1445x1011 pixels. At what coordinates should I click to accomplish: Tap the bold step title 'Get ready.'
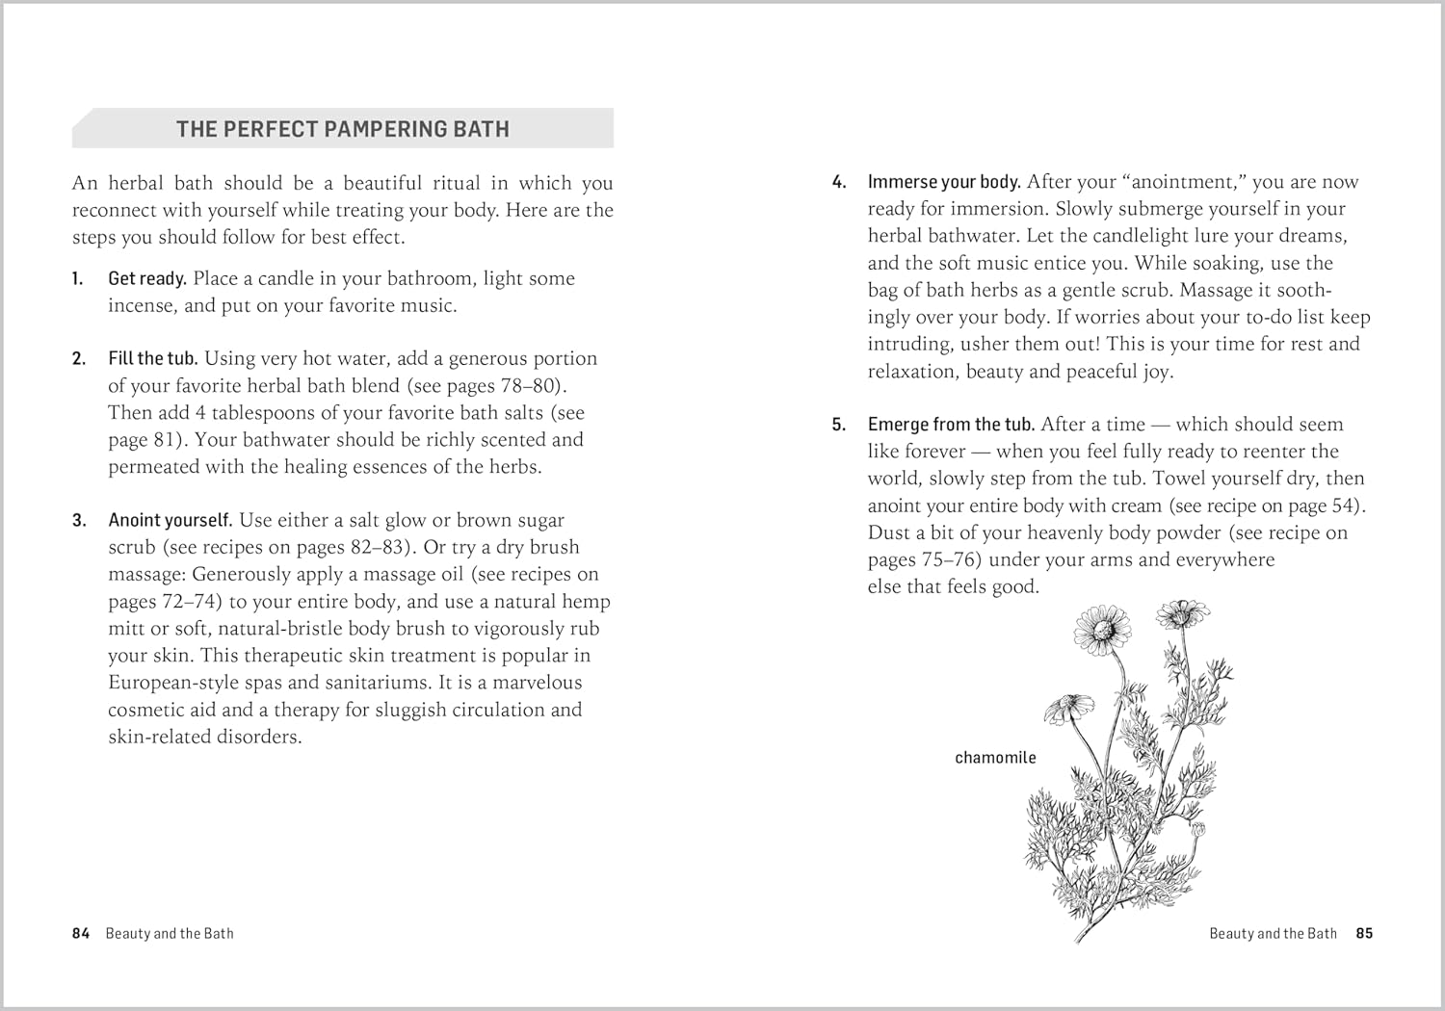pyautogui.click(x=147, y=279)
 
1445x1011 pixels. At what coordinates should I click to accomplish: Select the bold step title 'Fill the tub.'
pyautogui.click(x=153, y=359)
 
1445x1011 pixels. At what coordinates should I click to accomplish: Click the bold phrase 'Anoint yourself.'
pyautogui.click(x=171, y=521)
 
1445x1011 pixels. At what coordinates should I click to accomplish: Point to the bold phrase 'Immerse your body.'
pyautogui.click(x=944, y=182)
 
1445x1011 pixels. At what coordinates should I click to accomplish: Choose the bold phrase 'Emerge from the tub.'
pyautogui.click(x=951, y=425)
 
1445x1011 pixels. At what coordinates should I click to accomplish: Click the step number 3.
pyautogui.click(x=78, y=521)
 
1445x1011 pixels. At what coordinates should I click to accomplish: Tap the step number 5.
pyautogui.click(x=838, y=425)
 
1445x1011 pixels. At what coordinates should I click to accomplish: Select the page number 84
pyautogui.click(x=81, y=933)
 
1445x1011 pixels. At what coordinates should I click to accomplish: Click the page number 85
pyautogui.click(x=1364, y=933)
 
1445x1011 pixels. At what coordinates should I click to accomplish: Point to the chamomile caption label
pyautogui.click(x=995, y=758)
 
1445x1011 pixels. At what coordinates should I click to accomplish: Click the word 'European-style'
pyautogui.click(x=178, y=683)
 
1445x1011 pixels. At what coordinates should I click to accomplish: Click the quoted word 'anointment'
pyautogui.click(x=1180, y=182)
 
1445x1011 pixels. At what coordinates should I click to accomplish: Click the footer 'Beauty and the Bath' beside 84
pyautogui.click(x=170, y=933)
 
